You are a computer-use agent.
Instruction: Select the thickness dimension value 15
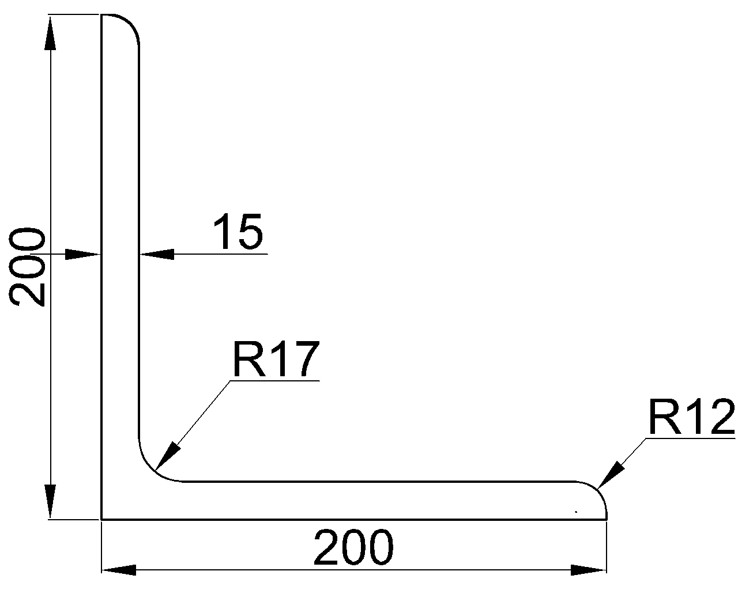click(x=238, y=232)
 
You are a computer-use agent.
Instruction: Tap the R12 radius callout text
click(x=691, y=417)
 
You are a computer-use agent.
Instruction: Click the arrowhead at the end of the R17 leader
click(x=167, y=455)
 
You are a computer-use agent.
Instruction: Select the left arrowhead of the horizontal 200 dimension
click(x=119, y=570)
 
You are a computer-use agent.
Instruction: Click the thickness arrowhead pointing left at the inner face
click(x=157, y=254)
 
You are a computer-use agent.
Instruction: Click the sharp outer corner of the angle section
click(x=102, y=519)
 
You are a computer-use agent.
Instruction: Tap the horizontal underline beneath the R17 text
click(x=274, y=380)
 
